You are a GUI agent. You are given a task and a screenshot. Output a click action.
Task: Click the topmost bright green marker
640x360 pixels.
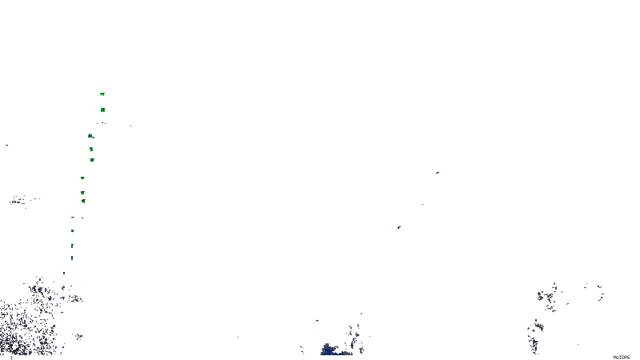coord(102,94)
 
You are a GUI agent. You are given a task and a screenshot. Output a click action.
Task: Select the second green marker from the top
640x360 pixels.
coord(103,110)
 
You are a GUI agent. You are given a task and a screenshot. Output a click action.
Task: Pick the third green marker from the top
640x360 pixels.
coord(90,136)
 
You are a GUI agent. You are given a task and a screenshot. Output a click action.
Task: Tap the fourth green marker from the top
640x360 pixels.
coord(91,149)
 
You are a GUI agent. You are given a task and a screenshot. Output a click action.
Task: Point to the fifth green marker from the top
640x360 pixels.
coord(92,160)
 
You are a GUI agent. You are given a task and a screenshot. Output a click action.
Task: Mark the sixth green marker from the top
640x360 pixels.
coord(82,178)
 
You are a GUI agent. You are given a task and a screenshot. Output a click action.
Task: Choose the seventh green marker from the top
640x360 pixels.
coord(82,193)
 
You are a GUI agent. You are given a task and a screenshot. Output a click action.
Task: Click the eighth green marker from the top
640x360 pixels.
coord(83,201)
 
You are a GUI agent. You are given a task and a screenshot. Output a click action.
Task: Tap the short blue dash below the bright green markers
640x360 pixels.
coord(73,217)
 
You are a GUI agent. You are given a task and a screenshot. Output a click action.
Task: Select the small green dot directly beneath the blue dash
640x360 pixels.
coord(72,231)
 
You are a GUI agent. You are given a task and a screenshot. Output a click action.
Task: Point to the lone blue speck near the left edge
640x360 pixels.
coord(6,145)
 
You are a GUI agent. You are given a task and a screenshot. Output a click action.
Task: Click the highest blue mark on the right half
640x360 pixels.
coord(437,173)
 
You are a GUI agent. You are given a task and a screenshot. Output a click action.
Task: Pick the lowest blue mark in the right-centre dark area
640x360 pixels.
coord(399,228)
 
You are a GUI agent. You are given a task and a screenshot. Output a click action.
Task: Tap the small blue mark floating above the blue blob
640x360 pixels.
coord(317,320)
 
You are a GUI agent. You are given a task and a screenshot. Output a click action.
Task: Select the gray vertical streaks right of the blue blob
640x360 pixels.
coord(356,338)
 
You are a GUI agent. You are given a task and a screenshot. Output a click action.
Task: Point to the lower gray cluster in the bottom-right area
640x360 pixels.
coord(535,334)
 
